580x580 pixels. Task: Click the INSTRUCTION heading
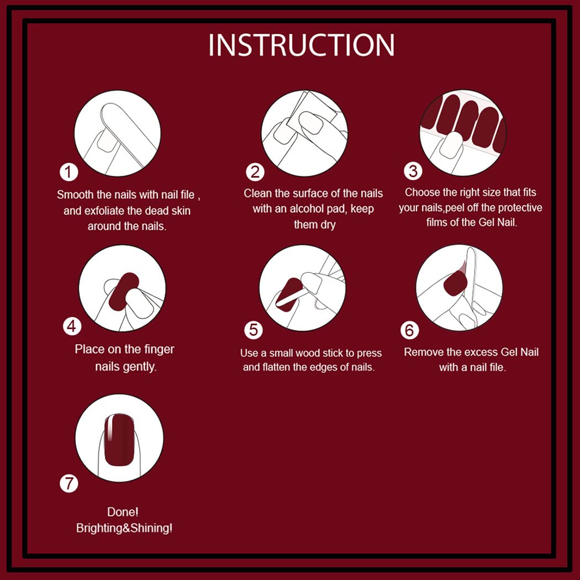[301, 45]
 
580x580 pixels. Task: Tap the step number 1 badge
[68, 172]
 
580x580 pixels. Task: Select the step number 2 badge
[255, 172]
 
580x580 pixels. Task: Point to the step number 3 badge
[413, 171]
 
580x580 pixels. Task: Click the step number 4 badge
[72, 326]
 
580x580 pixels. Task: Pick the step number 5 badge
[253, 330]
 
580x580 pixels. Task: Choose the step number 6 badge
[409, 330]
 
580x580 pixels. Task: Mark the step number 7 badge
[68, 484]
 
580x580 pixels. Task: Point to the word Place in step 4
[88, 350]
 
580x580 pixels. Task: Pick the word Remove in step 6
[423, 352]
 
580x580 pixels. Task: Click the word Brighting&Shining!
[124, 528]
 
